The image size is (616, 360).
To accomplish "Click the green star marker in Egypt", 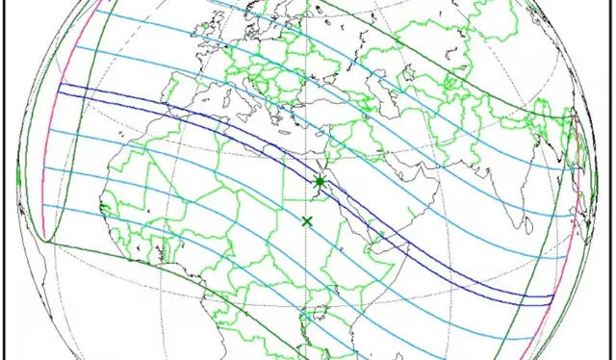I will (x=319, y=182).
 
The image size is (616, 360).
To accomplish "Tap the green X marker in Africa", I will (x=307, y=221).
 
